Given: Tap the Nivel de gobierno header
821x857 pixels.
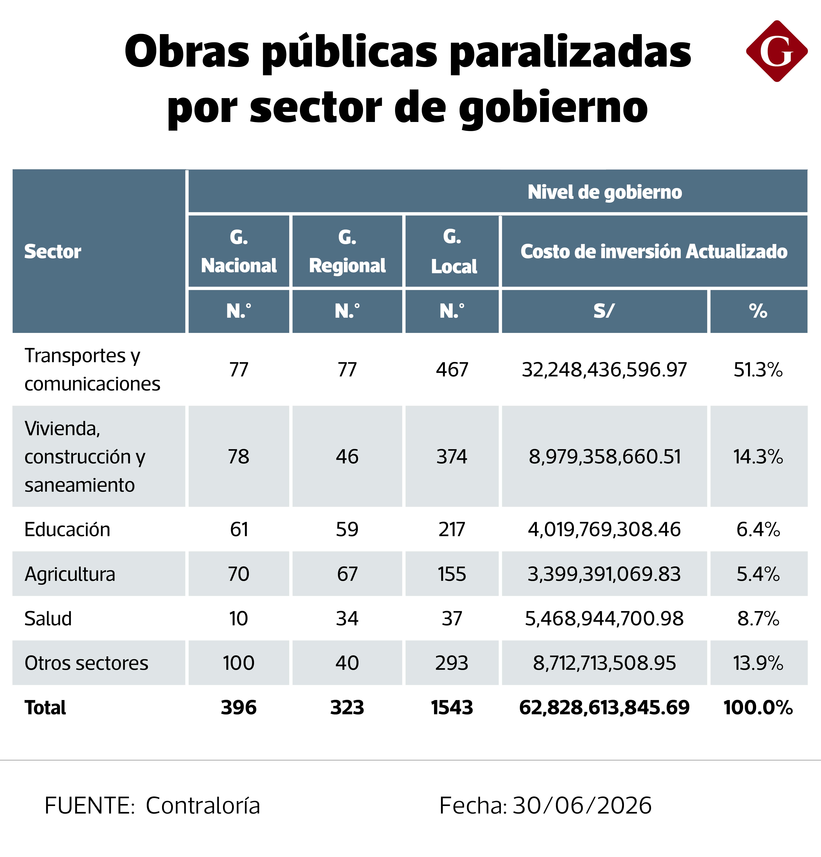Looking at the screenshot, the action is point(605,192).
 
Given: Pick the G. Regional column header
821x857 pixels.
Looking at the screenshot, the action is point(347,251).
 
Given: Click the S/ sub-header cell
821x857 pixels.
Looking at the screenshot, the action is point(604,311).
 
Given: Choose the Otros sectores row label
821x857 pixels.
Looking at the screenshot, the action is point(86,663).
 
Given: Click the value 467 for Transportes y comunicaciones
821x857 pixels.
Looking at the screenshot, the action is point(452,369).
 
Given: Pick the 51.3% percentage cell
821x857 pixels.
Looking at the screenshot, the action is point(758,369).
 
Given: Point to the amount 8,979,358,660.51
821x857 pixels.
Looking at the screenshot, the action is point(604,456).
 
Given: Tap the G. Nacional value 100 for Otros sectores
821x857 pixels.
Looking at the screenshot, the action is point(239,663).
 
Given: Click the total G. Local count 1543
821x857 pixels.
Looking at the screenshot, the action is point(452,708).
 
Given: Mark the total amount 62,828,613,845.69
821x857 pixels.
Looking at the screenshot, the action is point(604,708).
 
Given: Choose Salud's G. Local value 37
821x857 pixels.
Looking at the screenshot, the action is point(452,618).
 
